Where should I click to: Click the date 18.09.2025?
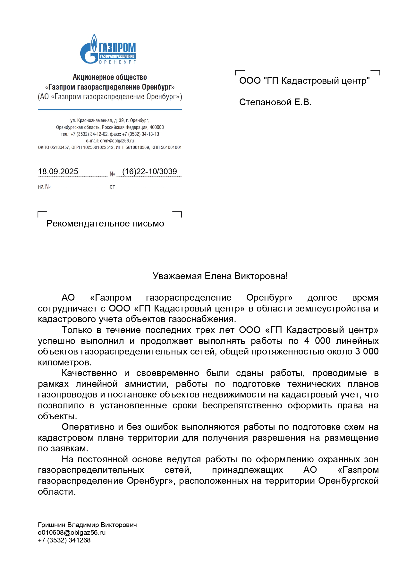coord(58,172)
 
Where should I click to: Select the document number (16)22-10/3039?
coord(149,172)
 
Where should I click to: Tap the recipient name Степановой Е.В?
coord(275,102)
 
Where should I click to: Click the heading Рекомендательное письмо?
coord(105,224)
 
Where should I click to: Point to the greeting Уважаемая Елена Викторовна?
coord(220,276)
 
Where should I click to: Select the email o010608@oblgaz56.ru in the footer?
coord(72,533)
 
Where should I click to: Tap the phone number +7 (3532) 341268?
coord(64,540)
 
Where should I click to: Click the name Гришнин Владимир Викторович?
coord(87,525)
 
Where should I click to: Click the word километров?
coord(64,363)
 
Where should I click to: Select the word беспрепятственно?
coord(242,405)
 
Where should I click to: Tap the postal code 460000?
coord(157,127)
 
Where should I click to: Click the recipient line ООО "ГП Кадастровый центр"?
coord(304,81)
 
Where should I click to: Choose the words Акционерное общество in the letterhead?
coord(110,77)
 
